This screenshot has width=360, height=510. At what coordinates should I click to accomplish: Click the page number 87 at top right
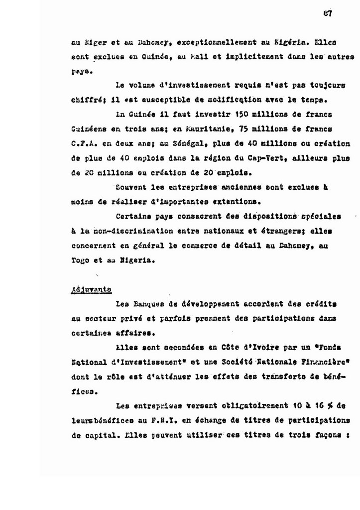(x=327, y=14)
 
